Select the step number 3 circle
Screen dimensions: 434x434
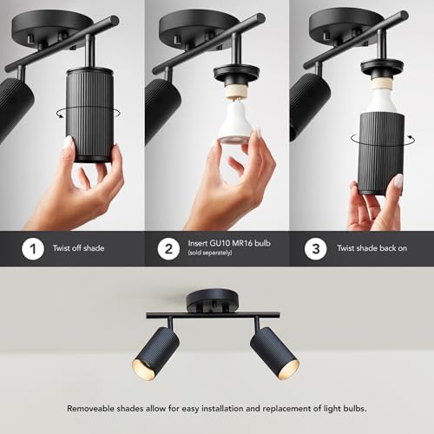318,248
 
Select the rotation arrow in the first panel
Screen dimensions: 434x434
60,113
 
